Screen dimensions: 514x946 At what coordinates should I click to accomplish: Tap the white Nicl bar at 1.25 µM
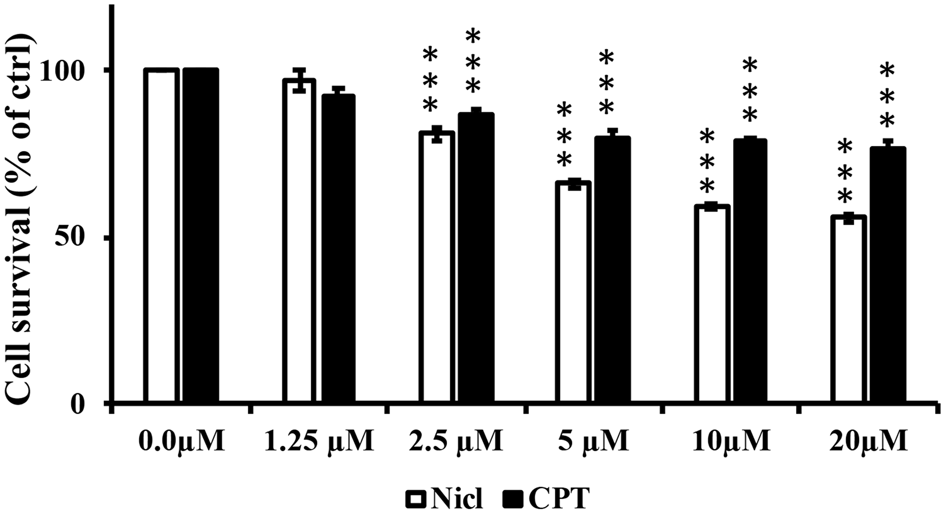click(299, 241)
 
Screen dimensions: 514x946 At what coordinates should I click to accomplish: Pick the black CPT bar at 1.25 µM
click(338, 248)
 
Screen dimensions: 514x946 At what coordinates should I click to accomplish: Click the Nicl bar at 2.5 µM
click(437, 267)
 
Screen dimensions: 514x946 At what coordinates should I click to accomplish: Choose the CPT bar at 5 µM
click(613, 270)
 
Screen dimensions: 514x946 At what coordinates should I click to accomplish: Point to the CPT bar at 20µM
click(888, 275)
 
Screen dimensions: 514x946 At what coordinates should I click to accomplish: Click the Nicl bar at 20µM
click(849, 310)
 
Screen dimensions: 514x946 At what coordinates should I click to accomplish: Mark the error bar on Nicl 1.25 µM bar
click(299, 80)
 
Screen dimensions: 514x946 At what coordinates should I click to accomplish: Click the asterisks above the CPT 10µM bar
click(751, 90)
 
